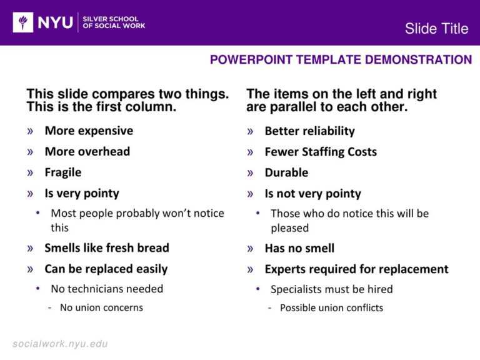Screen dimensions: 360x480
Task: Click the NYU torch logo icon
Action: click(23, 22)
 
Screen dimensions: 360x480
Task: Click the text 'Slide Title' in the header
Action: click(436, 29)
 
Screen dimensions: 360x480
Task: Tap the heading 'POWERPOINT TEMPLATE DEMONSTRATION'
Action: click(341, 60)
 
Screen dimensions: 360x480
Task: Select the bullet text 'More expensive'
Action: click(89, 131)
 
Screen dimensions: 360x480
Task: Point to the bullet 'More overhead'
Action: click(87, 151)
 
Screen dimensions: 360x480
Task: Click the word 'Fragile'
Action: click(62, 172)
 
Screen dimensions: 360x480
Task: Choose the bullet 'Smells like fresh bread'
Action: click(106, 247)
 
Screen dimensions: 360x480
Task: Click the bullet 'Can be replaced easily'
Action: click(106, 269)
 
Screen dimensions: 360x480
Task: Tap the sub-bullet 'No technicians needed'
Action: click(107, 289)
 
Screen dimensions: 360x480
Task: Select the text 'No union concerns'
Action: click(101, 307)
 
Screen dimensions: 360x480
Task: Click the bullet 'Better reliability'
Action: click(309, 131)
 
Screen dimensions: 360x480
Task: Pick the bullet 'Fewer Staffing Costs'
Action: click(321, 152)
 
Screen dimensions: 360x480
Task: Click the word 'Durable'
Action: click(286, 172)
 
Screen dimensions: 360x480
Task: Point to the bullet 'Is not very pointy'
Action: click(312, 194)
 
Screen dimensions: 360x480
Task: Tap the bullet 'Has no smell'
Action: click(299, 248)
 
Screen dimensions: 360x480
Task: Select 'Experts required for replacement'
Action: click(356, 269)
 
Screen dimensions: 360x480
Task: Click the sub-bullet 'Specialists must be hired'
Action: click(331, 289)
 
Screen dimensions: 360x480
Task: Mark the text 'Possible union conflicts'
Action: click(331, 307)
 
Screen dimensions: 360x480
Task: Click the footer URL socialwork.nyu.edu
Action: click(61, 344)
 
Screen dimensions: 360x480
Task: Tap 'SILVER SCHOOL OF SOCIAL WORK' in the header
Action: click(114, 22)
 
